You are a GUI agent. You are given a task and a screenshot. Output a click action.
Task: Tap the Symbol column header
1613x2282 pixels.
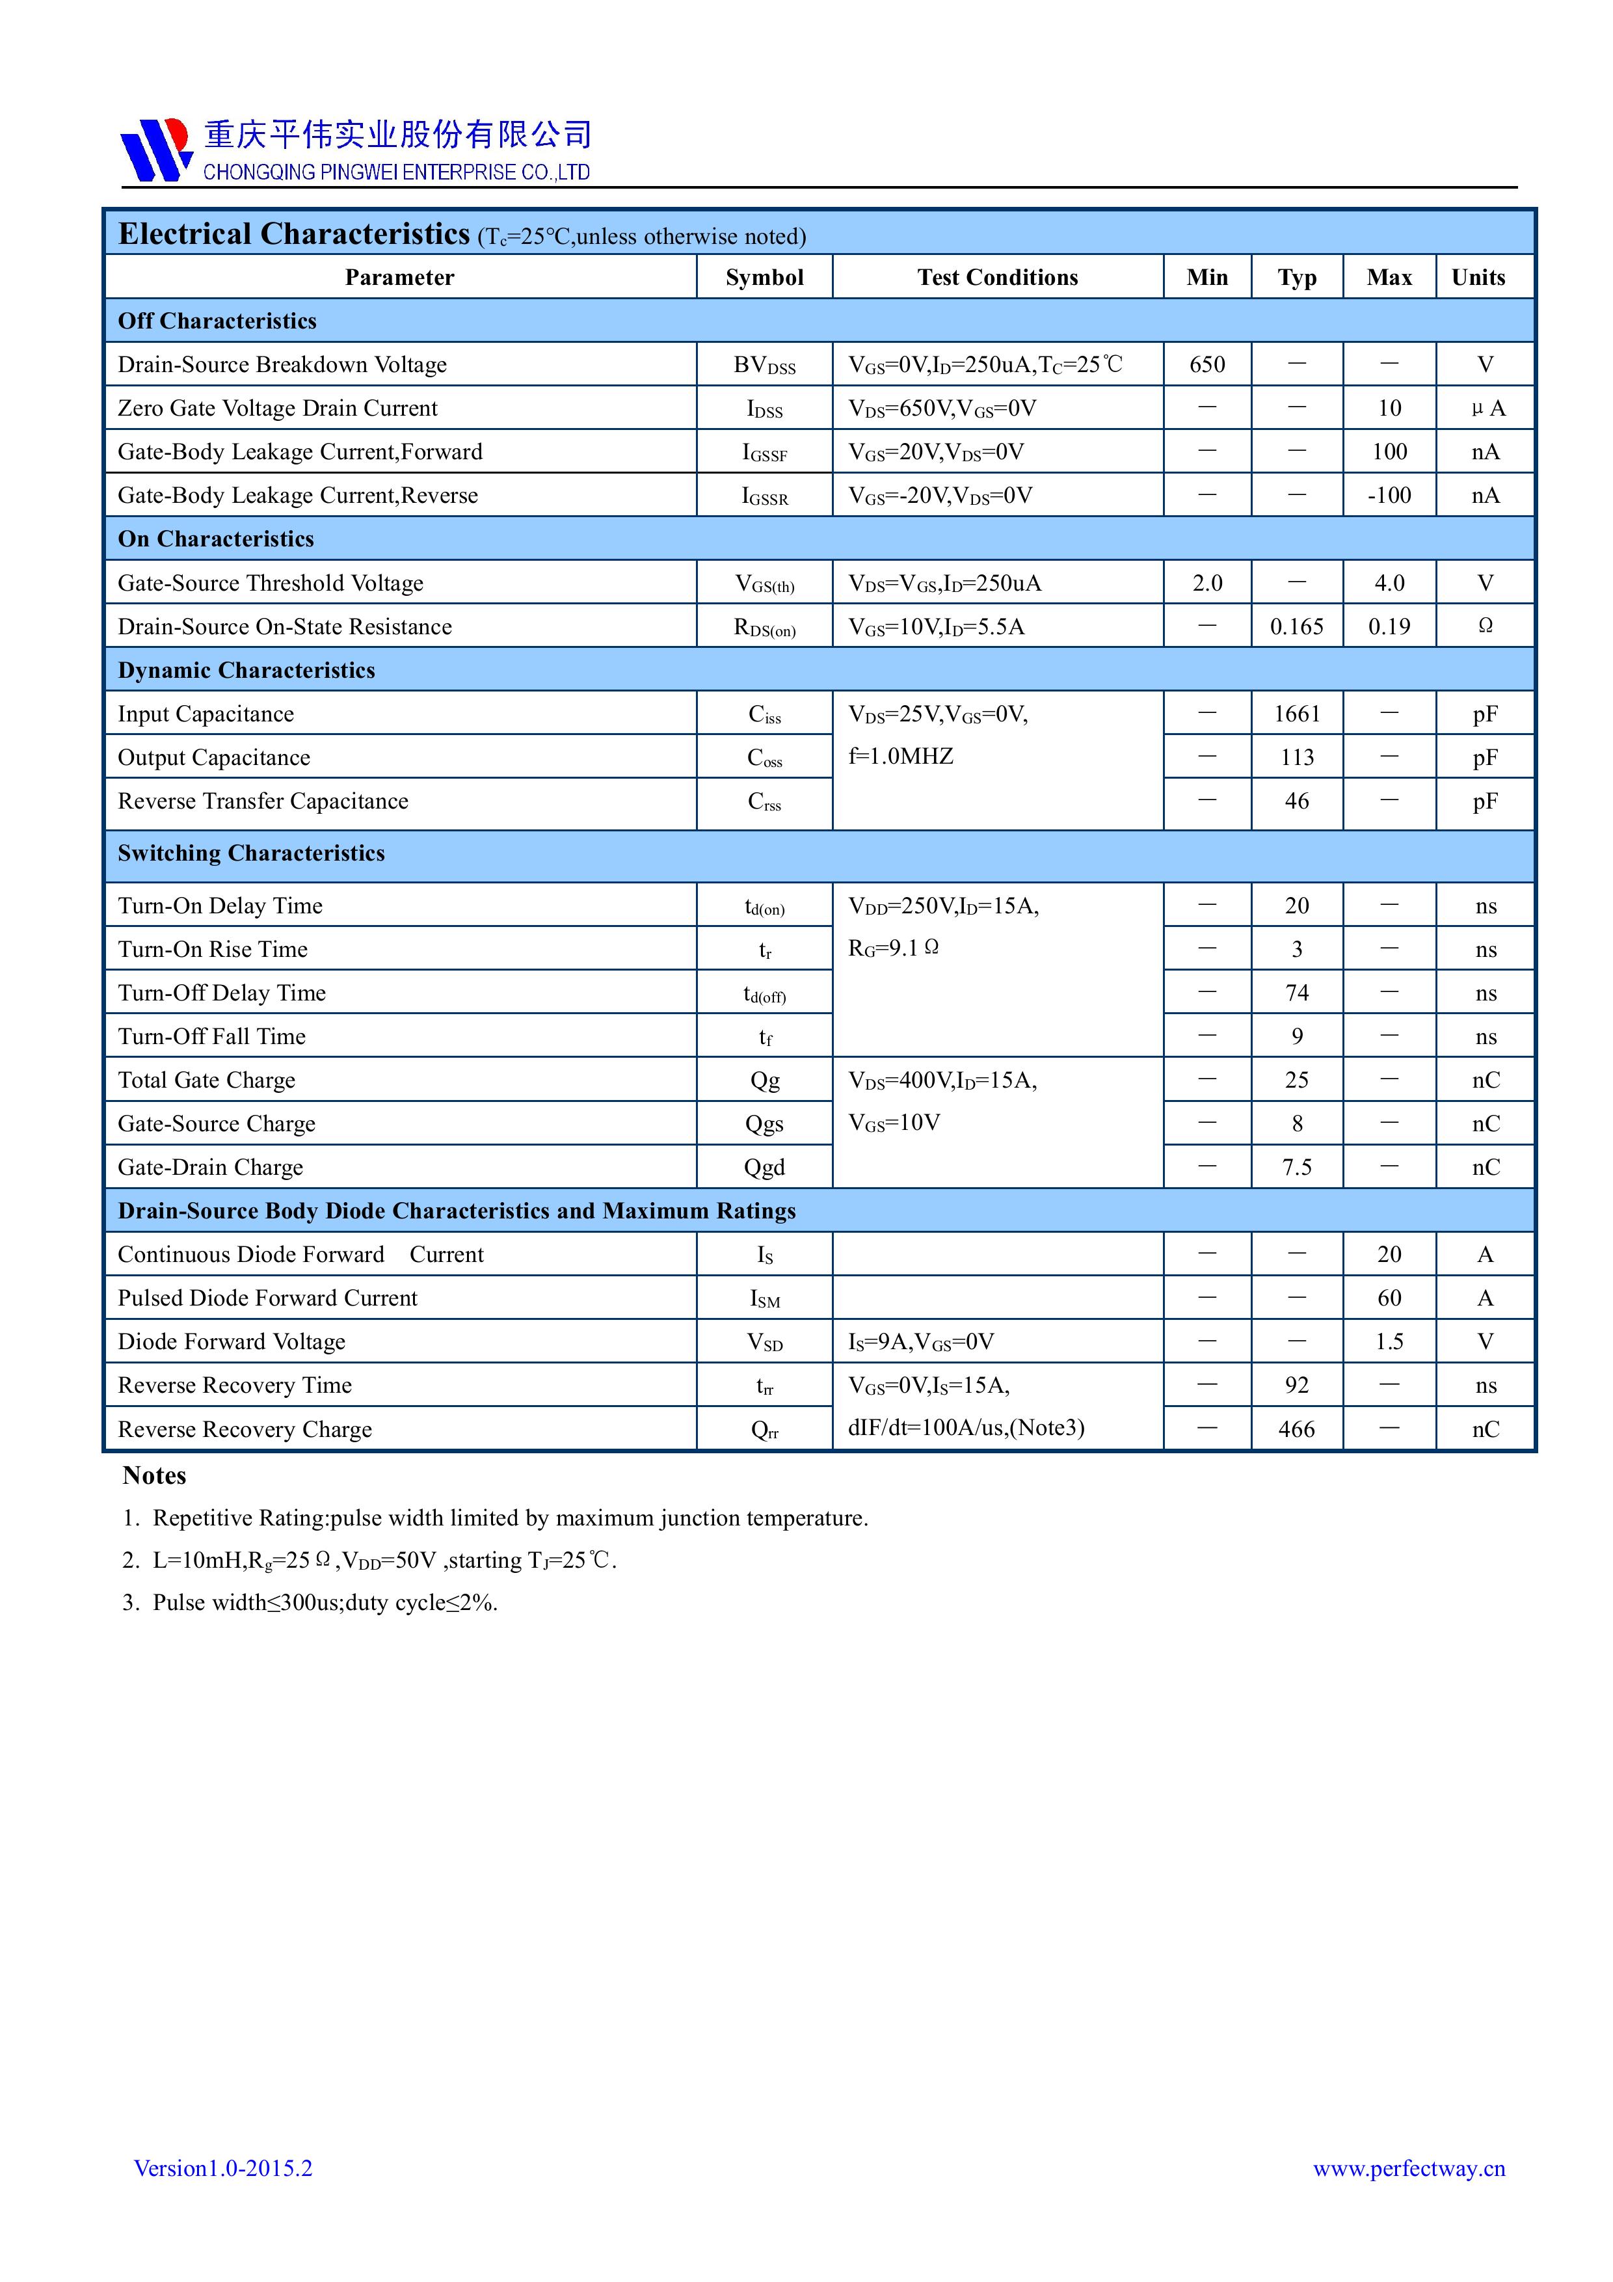pyautogui.click(x=764, y=277)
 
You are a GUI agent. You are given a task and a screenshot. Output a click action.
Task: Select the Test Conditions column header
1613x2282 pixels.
pyautogui.click(x=997, y=277)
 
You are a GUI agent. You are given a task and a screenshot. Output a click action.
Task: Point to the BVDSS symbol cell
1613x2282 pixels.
pyautogui.click(x=764, y=366)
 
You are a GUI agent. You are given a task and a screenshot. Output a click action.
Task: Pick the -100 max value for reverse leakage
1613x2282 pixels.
pyautogui.click(x=1389, y=495)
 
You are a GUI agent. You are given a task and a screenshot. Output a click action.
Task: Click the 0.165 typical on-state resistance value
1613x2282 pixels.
pyautogui.click(x=1296, y=626)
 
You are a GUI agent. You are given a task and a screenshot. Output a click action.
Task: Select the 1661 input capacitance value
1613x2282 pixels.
pyautogui.click(x=1296, y=714)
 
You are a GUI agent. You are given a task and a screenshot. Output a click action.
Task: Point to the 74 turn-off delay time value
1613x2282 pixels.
pyautogui.click(x=1296, y=993)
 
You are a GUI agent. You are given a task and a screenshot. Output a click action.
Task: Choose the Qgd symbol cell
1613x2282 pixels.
pyautogui.click(x=764, y=1167)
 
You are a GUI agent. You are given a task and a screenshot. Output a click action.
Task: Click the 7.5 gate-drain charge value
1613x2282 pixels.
pyautogui.click(x=1296, y=1167)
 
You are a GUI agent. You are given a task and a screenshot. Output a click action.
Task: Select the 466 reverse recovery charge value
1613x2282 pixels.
pyautogui.click(x=1296, y=1429)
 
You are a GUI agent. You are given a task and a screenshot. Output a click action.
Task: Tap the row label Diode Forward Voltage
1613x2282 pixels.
pyautogui.click(x=232, y=1342)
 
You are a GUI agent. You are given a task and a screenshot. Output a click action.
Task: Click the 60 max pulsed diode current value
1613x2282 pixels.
pyautogui.click(x=1389, y=1298)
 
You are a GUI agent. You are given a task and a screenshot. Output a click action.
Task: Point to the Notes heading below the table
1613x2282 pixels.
pyautogui.click(x=154, y=1476)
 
